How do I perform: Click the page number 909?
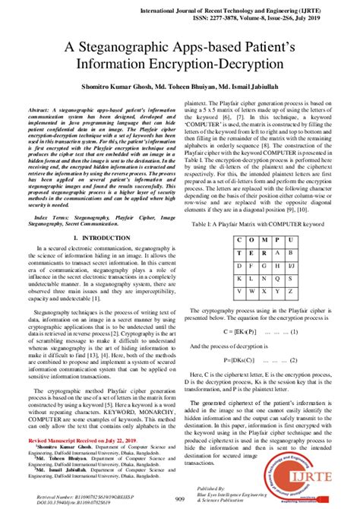click(x=180, y=498)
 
